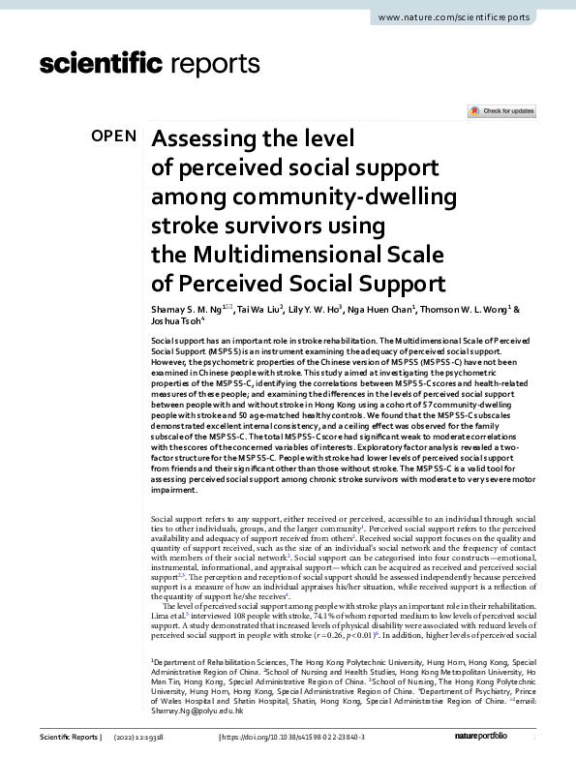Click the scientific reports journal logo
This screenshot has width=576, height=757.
click(x=150, y=65)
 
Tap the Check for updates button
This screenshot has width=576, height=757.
click(x=501, y=111)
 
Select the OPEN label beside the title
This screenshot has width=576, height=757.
click(x=114, y=136)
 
